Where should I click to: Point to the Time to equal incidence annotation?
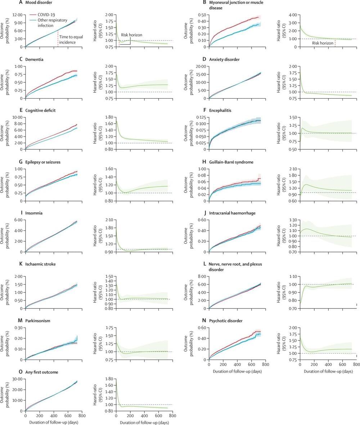(x=71, y=40)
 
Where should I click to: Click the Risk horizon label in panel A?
(x=131, y=35)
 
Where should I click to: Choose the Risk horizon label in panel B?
(x=321, y=43)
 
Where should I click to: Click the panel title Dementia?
(x=35, y=59)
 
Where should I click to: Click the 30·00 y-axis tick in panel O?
(x=17, y=379)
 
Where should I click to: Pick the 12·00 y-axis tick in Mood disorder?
(x=17, y=15)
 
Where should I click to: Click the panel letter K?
(x=21, y=264)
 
